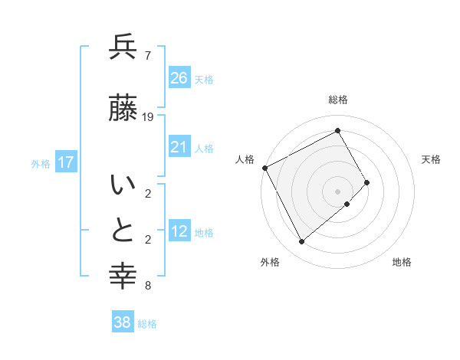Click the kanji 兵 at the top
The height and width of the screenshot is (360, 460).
tap(123, 47)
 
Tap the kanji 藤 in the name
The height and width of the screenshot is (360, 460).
tap(123, 109)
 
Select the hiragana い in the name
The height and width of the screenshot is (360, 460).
tap(123, 186)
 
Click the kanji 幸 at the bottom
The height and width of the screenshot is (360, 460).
tap(123, 273)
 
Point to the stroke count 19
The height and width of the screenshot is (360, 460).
tap(149, 117)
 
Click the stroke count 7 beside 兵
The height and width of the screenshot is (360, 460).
tap(147, 56)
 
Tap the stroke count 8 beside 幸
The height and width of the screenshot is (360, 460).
tap(147, 286)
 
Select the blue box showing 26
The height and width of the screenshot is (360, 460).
tap(179, 77)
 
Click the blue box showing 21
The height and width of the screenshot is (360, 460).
tap(179, 146)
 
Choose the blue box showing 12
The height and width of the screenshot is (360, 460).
tap(179, 231)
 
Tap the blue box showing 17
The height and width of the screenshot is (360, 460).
tap(66, 162)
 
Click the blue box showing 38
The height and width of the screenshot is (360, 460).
tap(123, 322)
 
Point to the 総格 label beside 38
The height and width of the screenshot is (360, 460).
tap(147, 324)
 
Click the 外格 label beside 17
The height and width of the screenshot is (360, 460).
tap(41, 163)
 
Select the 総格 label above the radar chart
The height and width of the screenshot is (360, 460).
tap(337, 100)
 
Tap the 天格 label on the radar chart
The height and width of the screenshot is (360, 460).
tap(431, 159)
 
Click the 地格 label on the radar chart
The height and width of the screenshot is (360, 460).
tap(402, 262)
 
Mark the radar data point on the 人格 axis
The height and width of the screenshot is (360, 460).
tap(264, 168)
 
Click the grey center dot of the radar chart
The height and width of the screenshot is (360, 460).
tap(337, 190)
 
